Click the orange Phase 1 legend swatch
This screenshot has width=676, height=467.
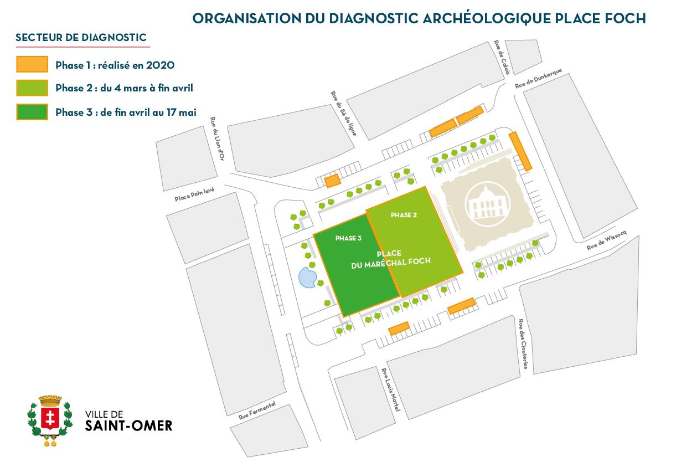(32, 64)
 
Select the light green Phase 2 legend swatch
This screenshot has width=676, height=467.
(32, 88)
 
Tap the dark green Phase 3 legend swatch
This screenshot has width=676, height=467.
(32, 112)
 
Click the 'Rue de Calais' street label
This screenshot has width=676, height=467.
(502, 58)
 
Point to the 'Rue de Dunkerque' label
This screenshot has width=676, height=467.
(538, 78)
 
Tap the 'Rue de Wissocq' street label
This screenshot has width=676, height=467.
(607, 240)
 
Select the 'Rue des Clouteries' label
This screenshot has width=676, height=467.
(523, 344)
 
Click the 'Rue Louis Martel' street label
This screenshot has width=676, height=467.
(391, 389)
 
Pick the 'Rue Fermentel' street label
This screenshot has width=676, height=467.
(257, 410)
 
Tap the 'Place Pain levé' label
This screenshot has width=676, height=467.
(194, 194)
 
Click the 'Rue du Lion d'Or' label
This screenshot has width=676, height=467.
(217, 138)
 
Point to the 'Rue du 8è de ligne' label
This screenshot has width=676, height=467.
(344, 113)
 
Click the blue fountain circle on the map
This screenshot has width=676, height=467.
(307, 277)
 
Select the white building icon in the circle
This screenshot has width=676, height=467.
(488, 203)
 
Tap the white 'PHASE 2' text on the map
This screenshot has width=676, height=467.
(404, 215)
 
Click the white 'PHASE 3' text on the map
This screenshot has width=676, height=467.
(348, 238)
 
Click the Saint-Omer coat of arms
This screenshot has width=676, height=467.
(50, 420)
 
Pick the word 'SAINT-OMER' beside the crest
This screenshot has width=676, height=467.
(128, 425)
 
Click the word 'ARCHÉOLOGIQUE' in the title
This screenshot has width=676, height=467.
(487, 18)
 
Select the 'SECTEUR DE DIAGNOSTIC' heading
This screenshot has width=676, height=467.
(81, 38)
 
